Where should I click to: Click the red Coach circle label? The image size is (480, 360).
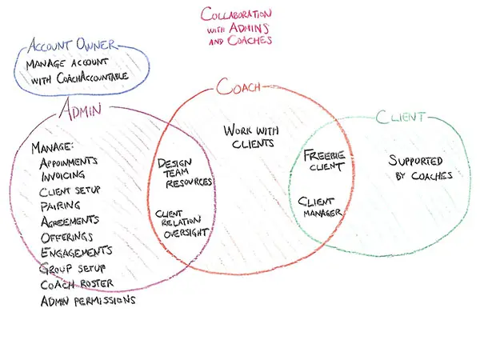tap(238, 86)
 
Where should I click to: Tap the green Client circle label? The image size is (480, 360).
tap(401, 117)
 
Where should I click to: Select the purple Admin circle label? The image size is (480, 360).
tap(80, 110)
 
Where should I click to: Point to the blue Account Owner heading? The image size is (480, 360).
tap(72, 45)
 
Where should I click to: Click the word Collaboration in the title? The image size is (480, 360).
tap(236, 14)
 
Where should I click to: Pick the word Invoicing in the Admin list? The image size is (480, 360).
tap(63, 175)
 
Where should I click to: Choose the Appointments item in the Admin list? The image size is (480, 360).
tap(69, 162)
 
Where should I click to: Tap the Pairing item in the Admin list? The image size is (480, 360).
tap(61, 206)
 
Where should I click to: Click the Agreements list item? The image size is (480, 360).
tap(70, 222)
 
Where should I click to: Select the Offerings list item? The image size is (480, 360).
tap(66, 238)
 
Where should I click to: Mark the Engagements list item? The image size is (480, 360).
tap(77, 252)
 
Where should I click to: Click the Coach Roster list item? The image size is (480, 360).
tap(77, 284)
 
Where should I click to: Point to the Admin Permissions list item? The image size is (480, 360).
tap(88, 301)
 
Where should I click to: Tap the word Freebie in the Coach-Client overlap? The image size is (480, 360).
tap(324, 155)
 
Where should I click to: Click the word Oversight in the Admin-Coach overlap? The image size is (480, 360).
tap(186, 234)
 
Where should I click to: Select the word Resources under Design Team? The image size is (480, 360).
tap(189, 182)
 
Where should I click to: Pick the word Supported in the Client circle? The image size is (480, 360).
tap(415, 161)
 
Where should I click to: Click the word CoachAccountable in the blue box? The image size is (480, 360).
tap(92, 78)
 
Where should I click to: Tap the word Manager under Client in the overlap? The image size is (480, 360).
tap(322, 213)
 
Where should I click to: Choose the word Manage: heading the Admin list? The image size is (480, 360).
tap(52, 147)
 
